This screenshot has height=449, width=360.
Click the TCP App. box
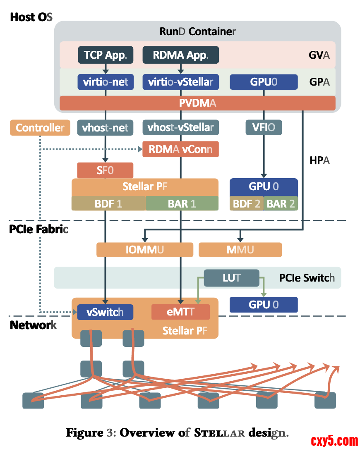105,55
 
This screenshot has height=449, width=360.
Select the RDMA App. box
180,55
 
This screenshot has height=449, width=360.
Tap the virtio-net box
105,82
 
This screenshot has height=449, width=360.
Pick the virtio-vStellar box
180,82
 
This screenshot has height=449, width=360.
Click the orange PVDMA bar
197,103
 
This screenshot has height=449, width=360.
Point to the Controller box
40,128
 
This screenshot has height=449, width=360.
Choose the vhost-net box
105,128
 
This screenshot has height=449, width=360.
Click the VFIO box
264,128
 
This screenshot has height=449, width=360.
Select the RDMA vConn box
180,149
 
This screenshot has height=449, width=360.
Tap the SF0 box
105,170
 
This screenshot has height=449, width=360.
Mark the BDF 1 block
108,203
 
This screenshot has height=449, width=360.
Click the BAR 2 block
281,203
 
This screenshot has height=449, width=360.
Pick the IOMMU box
144,250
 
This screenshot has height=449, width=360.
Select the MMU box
240,250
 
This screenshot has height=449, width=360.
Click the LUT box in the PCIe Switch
231,278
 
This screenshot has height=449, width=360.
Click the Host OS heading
31,17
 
